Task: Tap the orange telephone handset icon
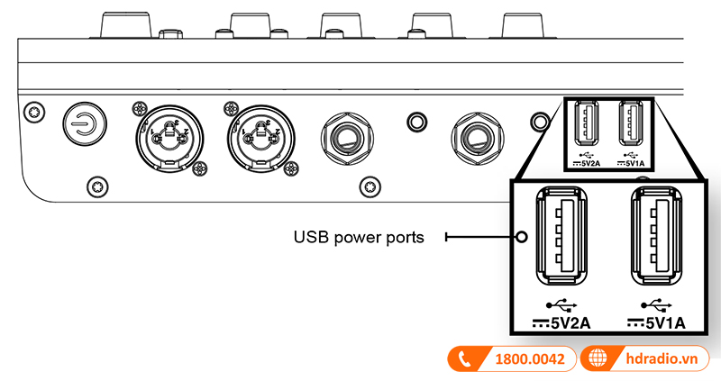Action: point(465,359)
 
